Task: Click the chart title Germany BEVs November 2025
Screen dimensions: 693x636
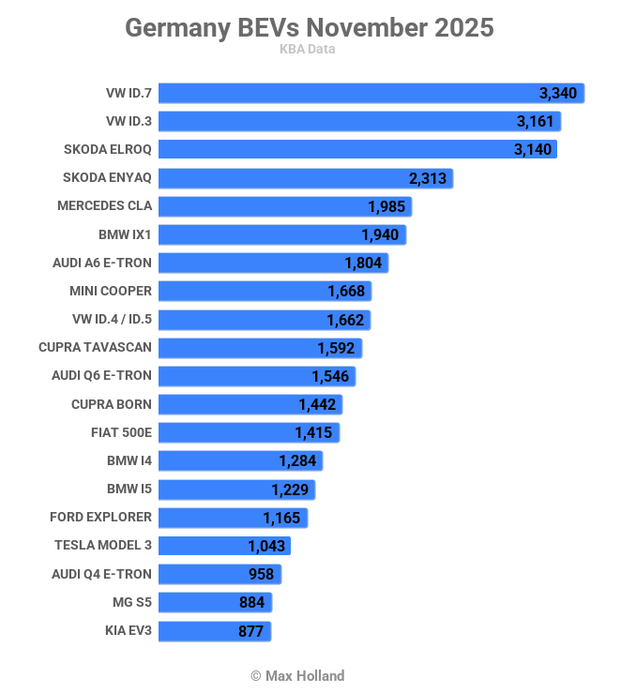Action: [309, 28]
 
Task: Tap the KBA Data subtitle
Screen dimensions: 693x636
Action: [307, 50]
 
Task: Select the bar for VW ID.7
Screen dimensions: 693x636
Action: [371, 93]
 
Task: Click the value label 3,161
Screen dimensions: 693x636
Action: [535, 121]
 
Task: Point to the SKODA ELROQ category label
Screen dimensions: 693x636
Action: [107, 149]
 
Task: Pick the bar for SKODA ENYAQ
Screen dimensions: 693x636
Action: [305, 178]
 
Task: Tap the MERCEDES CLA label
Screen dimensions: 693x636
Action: [104, 205]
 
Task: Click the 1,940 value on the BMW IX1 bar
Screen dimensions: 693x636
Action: [380, 234]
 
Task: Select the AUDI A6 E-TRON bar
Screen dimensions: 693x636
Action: [272, 263]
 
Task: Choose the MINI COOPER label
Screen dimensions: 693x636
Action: [110, 291]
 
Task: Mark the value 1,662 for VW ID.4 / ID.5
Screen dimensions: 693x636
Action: [345, 320]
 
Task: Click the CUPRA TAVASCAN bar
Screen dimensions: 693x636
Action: [259, 348]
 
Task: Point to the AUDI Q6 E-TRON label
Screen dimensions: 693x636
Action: [101, 375]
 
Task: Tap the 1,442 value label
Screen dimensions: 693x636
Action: [317, 404]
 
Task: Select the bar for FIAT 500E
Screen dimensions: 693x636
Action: [249, 432]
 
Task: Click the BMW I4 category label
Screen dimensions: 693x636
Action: [129, 460]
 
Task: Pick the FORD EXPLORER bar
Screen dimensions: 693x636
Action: [233, 518]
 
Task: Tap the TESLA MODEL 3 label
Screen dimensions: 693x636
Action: [103, 545]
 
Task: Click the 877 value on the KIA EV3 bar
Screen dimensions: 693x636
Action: [250, 631]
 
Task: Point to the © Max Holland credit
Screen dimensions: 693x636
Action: [297, 675]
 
